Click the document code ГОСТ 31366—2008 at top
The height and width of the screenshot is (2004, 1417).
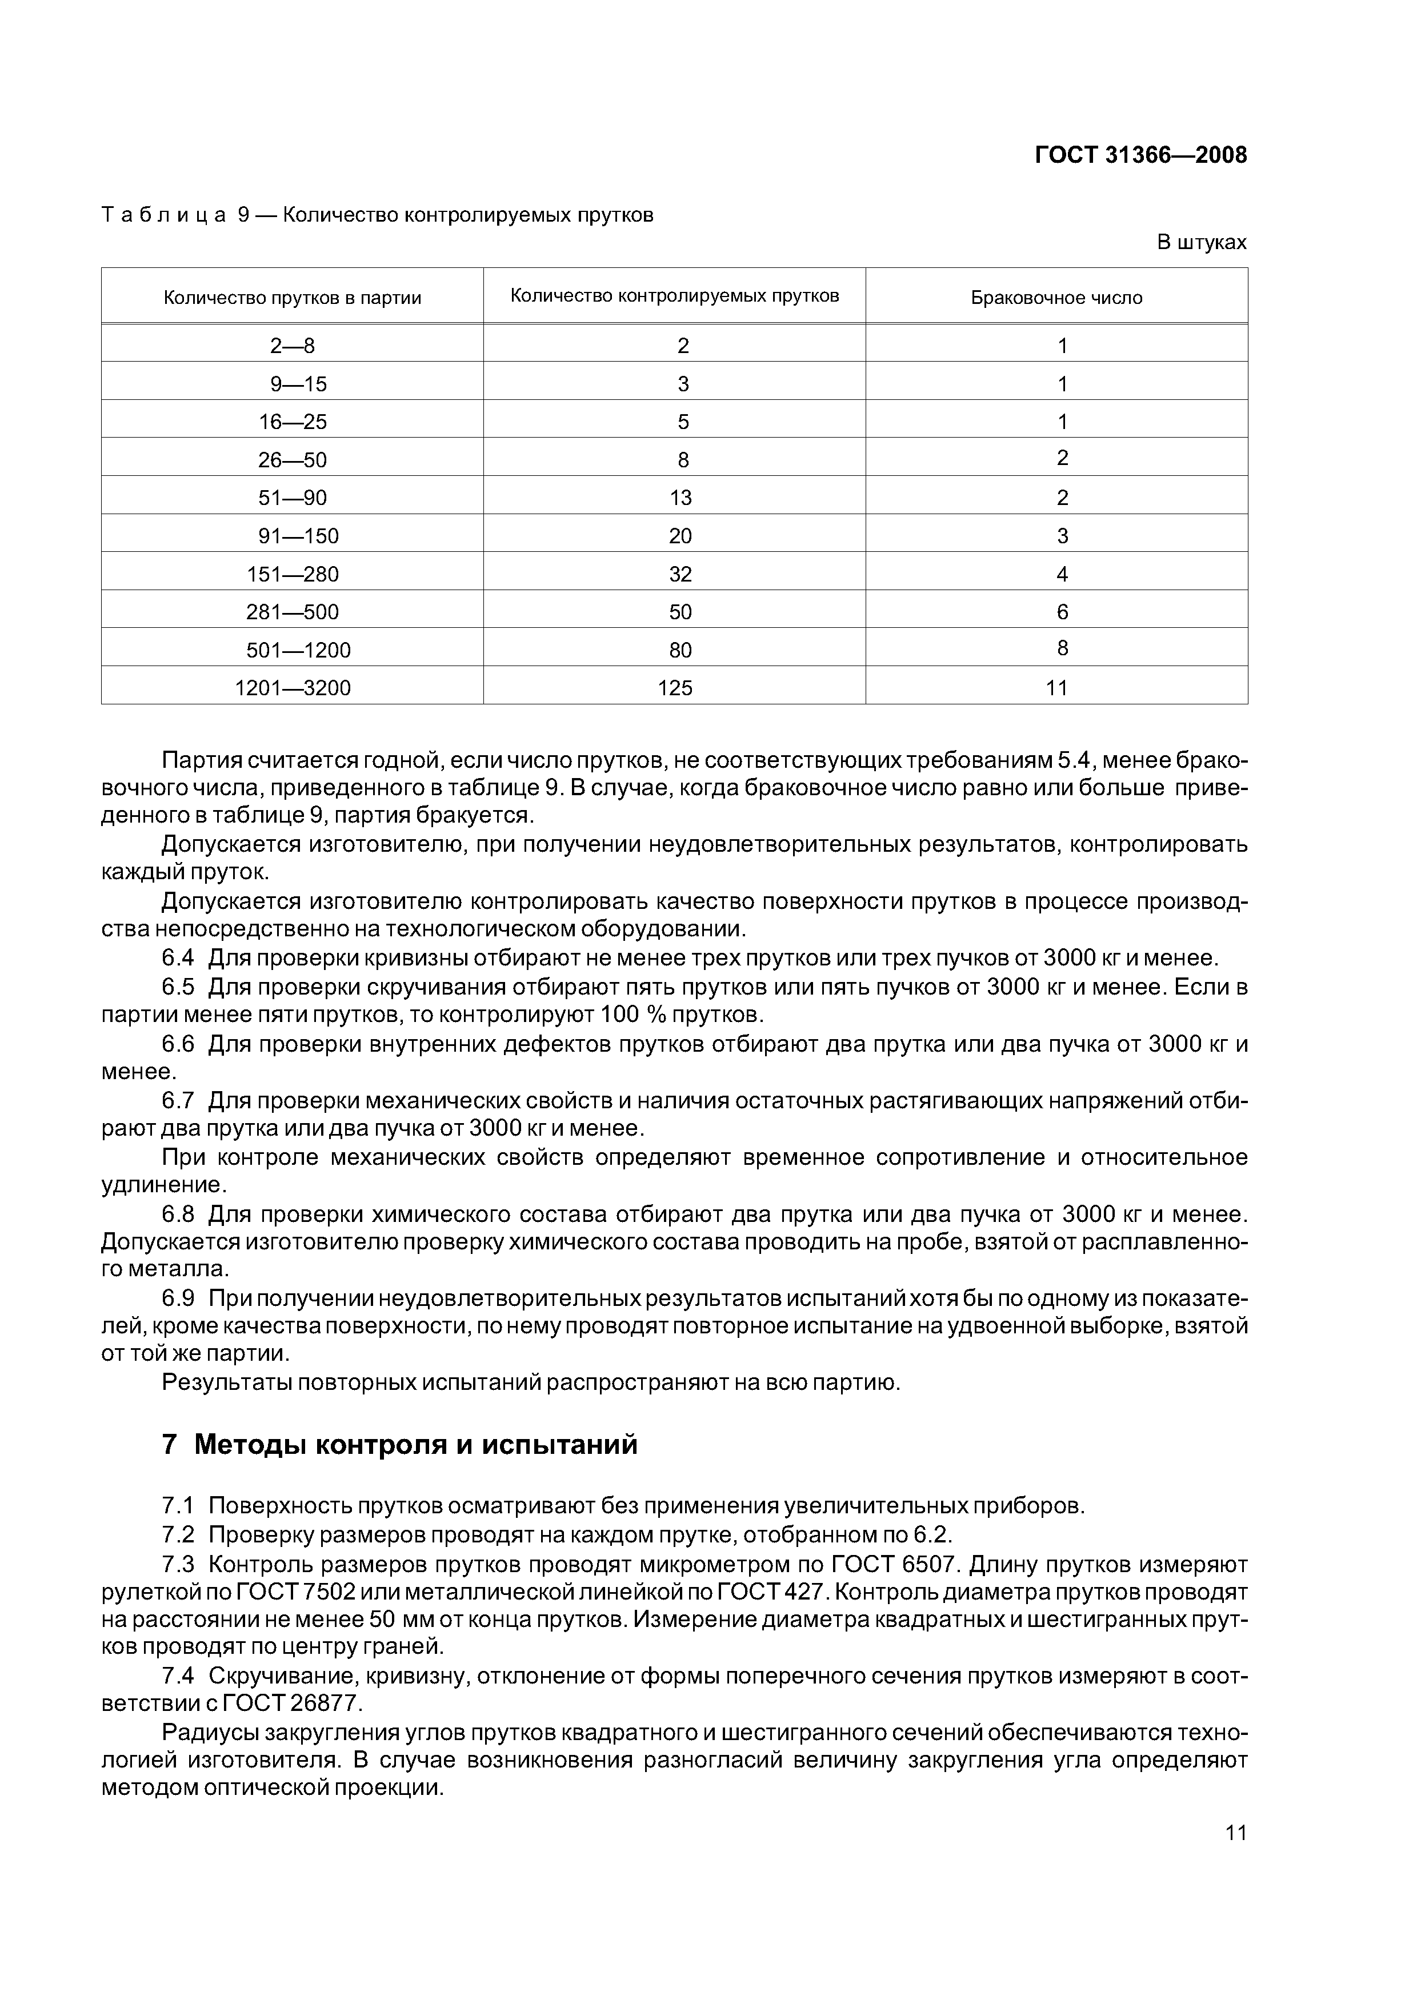[x=1140, y=155]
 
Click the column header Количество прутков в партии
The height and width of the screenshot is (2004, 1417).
[x=293, y=298]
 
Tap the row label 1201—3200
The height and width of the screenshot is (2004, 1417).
[x=293, y=688]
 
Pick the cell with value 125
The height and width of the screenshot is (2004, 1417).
[x=675, y=688]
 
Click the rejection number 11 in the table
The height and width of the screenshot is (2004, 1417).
[x=1056, y=688]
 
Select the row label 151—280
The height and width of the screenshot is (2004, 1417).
[x=293, y=574]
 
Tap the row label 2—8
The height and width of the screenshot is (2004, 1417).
[x=293, y=346]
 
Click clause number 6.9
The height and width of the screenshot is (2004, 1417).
[x=178, y=1298]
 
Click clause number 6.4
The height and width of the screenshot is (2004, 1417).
[x=178, y=959]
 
